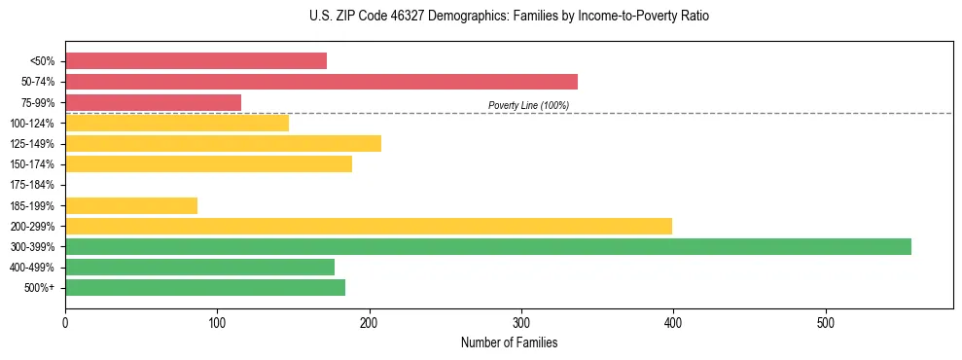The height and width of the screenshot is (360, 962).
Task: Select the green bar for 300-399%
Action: (487, 247)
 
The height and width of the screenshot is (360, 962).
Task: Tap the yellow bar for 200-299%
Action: (368, 227)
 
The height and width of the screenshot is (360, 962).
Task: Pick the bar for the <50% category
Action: (196, 61)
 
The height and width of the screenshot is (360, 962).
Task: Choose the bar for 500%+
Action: (204, 288)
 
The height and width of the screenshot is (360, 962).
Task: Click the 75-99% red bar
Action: (153, 102)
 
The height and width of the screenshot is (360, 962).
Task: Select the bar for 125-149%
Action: (223, 144)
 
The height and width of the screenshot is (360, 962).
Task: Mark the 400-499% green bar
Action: (199, 268)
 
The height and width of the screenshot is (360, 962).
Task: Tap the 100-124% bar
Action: (177, 123)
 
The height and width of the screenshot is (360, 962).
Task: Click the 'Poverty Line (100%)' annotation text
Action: (528, 105)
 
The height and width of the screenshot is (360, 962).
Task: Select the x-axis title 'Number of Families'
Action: (509, 343)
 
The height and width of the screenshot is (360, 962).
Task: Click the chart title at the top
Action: (509, 17)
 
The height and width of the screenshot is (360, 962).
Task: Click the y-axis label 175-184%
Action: (32, 185)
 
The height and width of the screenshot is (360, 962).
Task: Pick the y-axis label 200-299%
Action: (32, 227)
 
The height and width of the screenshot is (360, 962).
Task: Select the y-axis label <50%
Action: (42, 61)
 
